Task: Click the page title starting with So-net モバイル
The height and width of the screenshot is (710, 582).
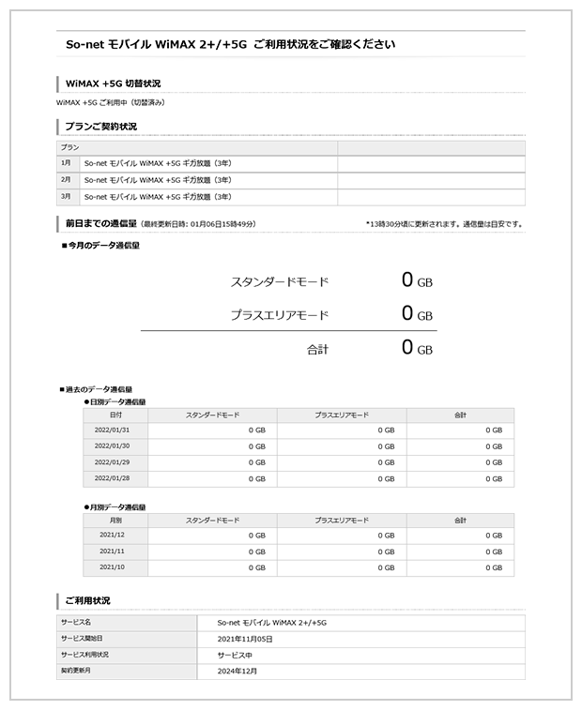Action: tap(230, 44)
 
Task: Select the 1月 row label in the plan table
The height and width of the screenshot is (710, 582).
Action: tap(66, 163)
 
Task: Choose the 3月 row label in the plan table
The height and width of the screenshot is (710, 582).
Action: tap(66, 197)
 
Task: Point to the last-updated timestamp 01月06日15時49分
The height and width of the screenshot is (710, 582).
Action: tap(221, 225)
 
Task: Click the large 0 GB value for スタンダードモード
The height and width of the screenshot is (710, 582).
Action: tap(416, 280)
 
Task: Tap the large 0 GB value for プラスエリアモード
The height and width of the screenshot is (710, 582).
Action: tap(416, 314)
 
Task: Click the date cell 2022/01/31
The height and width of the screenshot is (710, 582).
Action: tap(113, 430)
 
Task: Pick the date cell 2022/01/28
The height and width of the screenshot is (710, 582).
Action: tap(113, 478)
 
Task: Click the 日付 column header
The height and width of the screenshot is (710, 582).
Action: tap(115, 414)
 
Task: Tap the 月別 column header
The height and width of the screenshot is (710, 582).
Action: tap(115, 519)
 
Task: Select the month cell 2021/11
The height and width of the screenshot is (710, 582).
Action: tap(112, 551)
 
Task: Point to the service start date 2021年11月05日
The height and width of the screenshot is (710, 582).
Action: tap(244, 639)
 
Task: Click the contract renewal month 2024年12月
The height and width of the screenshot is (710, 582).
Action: tap(237, 671)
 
